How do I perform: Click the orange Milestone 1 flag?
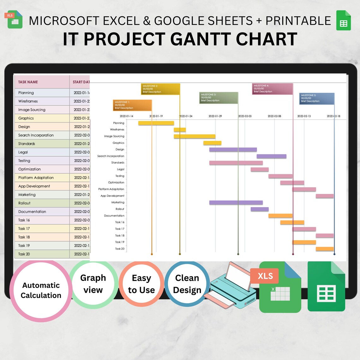point(132,105)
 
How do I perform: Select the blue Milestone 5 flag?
point(317,99)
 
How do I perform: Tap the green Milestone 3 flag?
point(219,98)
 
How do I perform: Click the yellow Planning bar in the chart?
point(156,123)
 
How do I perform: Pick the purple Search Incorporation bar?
point(271,156)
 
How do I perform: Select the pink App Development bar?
point(325,196)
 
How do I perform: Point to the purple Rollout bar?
point(260,209)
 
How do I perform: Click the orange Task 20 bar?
point(325,249)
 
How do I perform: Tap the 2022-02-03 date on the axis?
point(245,116)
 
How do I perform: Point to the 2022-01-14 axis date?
point(126,116)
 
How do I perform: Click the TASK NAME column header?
point(28,82)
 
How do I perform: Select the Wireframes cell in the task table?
point(28,101)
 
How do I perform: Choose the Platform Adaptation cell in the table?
point(36,178)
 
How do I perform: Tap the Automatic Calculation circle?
point(41,291)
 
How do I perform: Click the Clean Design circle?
point(187,284)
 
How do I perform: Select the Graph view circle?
point(93,284)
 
